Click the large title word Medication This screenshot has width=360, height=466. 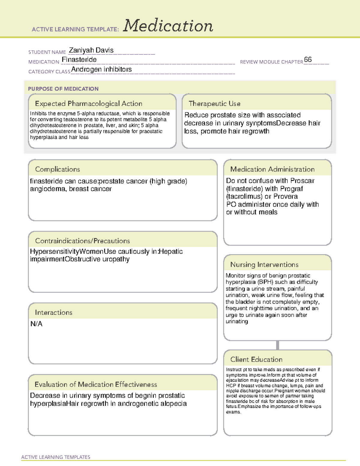[x=168, y=26]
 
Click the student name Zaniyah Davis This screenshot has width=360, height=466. [x=91, y=50]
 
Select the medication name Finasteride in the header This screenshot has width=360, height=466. [x=79, y=60]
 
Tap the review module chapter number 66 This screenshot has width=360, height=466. [x=308, y=59]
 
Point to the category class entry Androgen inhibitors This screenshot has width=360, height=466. [x=101, y=69]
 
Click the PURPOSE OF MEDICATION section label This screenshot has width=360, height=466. [x=63, y=89]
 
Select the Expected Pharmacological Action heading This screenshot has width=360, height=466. [x=88, y=104]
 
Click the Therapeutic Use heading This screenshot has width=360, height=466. [x=214, y=104]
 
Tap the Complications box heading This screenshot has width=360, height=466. [x=58, y=169]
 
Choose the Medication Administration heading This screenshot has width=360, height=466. [x=272, y=169]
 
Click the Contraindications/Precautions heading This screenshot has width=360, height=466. [x=82, y=241]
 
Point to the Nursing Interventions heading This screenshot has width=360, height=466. [x=264, y=264]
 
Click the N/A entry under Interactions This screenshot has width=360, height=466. [x=36, y=324]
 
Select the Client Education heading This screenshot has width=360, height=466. [x=256, y=359]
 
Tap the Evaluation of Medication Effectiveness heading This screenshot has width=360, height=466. [x=96, y=384]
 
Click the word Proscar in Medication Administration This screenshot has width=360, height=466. [x=302, y=181]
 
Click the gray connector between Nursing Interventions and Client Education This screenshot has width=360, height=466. [x=277, y=345]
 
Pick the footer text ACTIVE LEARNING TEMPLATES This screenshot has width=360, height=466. [x=56, y=457]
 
